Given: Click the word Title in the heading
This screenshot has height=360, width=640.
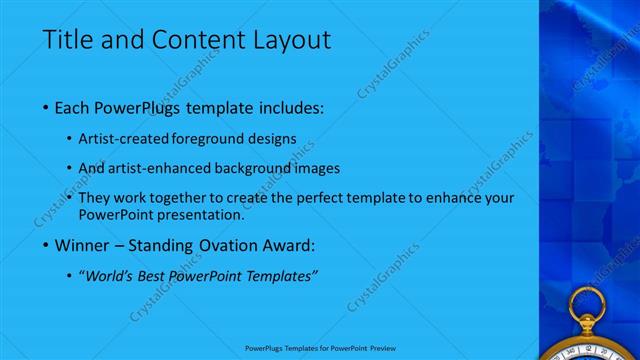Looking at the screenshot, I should (x=68, y=41).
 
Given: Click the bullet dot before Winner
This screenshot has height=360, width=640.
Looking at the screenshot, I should (x=47, y=245).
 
